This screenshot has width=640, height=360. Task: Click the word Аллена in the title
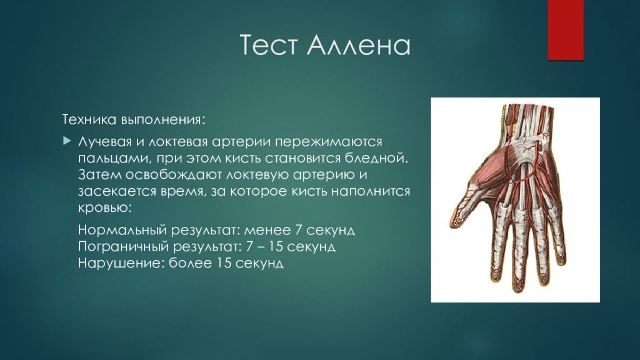tap(358, 44)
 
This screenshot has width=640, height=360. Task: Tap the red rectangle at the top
tap(566, 30)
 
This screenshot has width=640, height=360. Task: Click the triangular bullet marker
tap(67, 141)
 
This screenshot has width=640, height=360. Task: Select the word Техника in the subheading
tap(89, 119)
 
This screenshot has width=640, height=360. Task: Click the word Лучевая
tap(105, 142)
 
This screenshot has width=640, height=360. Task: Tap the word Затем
tap(99, 175)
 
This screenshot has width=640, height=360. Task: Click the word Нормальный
tap(122, 230)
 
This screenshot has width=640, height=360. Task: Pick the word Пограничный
tap(123, 247)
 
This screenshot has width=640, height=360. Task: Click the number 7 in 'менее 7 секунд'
tap(298, 230)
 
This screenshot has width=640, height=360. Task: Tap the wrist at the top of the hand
tap(523, 122)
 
